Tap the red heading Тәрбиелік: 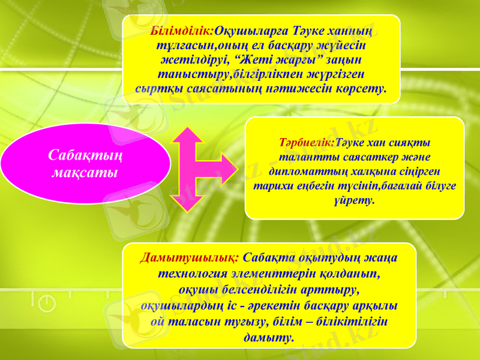[x=307, y=143]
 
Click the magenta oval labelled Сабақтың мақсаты [x=85, y=163]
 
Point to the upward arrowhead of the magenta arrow [x=192, y=136]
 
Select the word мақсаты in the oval [x=85, y=173]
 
